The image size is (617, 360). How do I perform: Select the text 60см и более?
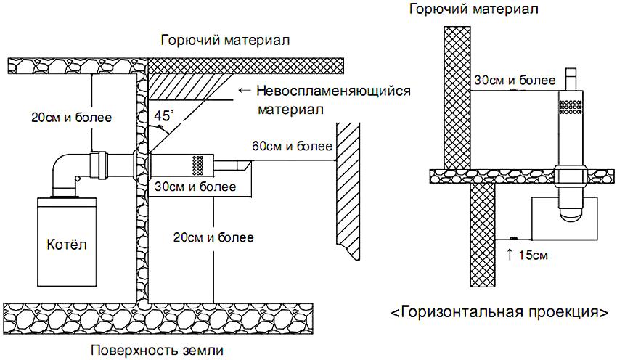(x=289, y=147)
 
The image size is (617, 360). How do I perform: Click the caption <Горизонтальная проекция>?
(x=499, y=313)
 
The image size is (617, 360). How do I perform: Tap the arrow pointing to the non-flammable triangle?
(x=243, y=91)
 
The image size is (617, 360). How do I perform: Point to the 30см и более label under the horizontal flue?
(x=195, y=187)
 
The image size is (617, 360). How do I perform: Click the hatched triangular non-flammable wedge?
(x=174, y=87)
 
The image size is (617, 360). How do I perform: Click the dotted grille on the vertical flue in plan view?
(x=571, y=107)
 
